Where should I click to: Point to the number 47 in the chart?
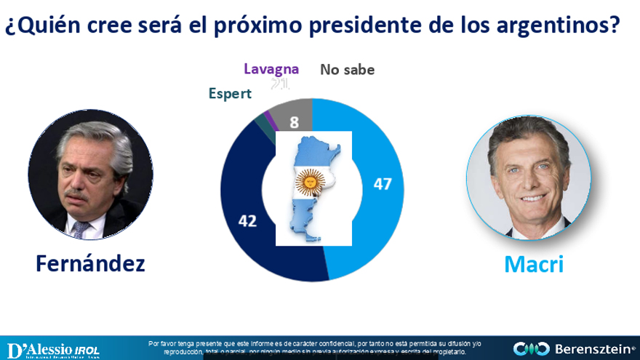click(x=383, y=184)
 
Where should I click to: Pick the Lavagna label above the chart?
click(x=271, y=69)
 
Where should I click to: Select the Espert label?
click(x=230, y=93)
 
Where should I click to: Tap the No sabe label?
click(x=348, y=70)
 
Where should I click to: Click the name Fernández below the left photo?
click(x=90, y=263)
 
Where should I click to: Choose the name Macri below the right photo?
click(x=534, y=264)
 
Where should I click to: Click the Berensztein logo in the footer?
click(x=574, y=348)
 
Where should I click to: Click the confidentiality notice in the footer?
click(x=306, y=347)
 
